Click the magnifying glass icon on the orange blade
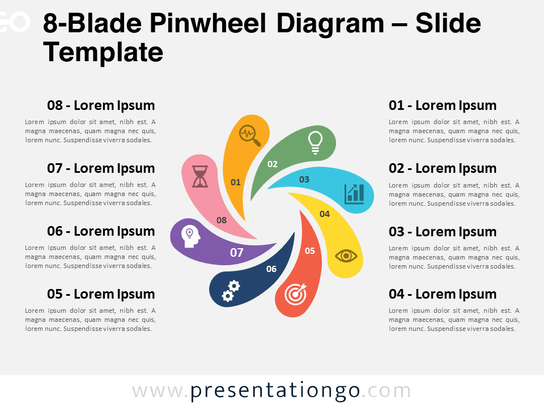tap(250, 135)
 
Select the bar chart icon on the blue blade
tap(354, 194)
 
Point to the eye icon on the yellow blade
tap(346, 256)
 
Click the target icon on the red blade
tap(296, 294)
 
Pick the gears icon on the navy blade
tap(231, 291)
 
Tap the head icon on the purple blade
tap(191, 236)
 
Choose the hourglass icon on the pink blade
tap(200, 177)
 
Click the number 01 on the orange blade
tap(236, 182)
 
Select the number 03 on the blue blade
tap(304, 180)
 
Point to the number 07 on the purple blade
tap(237, 253)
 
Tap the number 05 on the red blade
tap(310, 251)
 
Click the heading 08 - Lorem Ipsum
tap(101, 105)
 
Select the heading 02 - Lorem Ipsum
tap(443, 169)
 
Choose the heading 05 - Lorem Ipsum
tap(101, 294)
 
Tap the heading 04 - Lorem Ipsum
tap(443, 294)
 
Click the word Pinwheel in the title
tap(208, 24)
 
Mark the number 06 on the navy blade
tap(271, 269)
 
